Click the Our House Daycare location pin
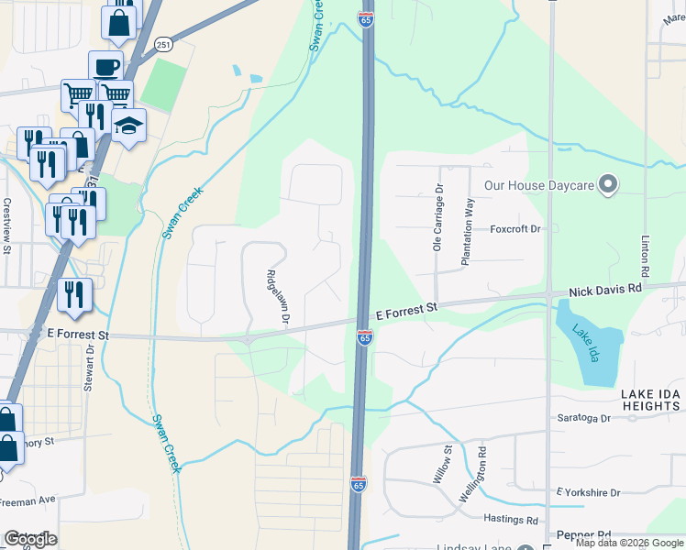[607, 185]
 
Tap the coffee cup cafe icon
[105, 67]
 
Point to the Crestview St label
[7, 225]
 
